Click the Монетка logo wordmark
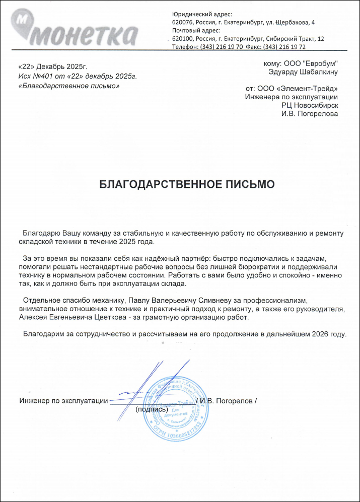pos(86,33)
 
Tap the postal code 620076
pos(183,23)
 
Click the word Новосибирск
pos(316,105)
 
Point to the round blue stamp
pos(175,408)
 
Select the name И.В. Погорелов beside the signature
pos(226,401)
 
